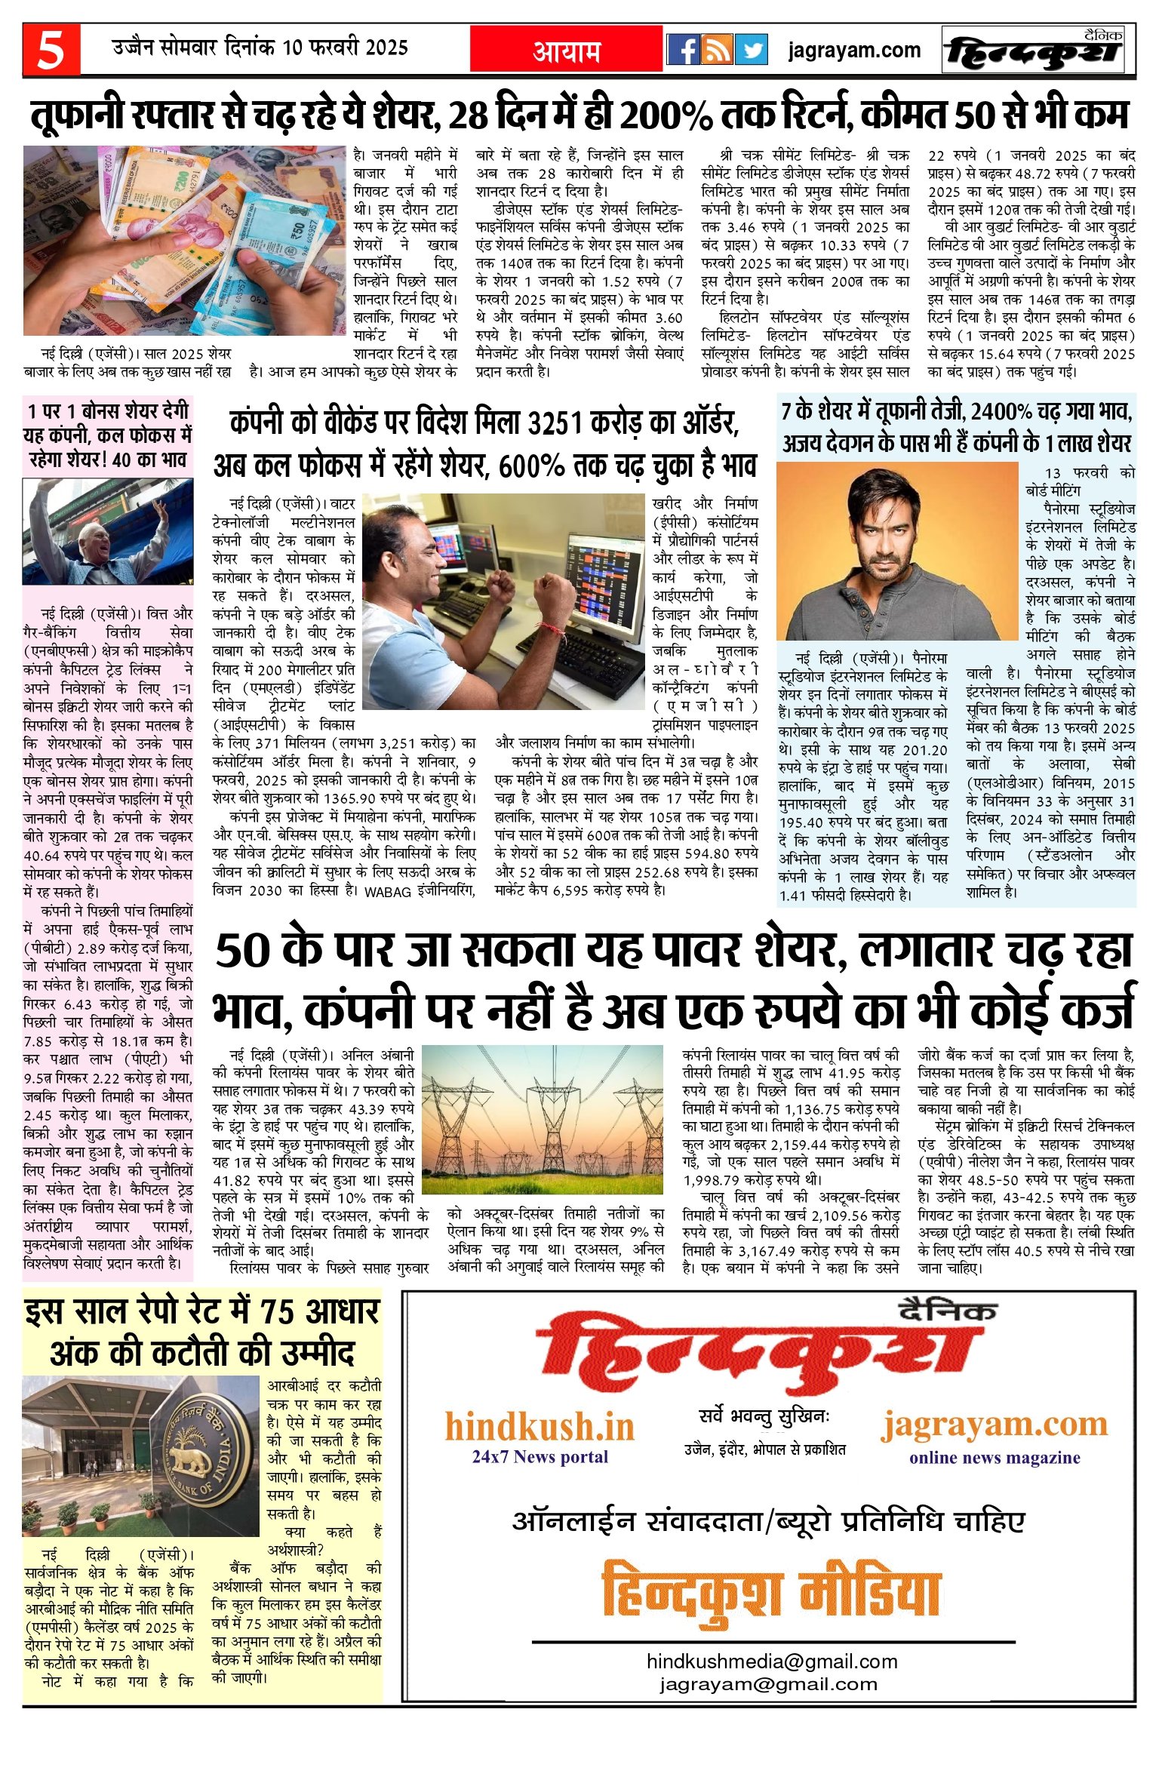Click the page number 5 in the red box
click(51, 51)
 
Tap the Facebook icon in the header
click(684, 50)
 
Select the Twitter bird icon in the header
click(752, 50)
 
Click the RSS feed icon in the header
click(718, 50)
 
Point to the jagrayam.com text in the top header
click(854, 51)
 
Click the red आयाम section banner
click(567, 51)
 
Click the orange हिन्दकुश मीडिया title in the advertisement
click(771, 1593)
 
